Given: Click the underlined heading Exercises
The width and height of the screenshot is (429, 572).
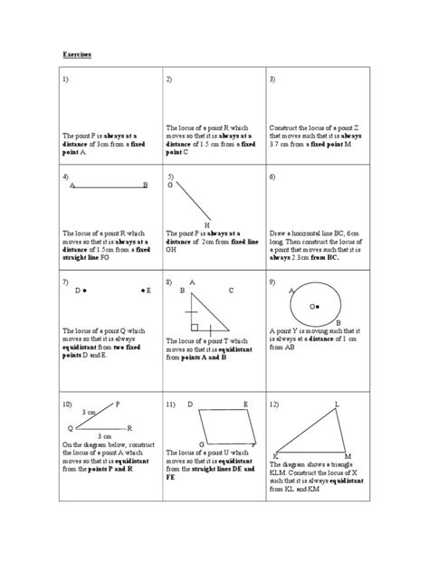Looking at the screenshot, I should click(76, 54).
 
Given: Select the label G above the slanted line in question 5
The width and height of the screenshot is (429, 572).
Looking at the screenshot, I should click(170, 185).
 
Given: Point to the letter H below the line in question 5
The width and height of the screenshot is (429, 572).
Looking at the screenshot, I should click(207, 224).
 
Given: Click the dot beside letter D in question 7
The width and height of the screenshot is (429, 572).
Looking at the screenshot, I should click(88, 291).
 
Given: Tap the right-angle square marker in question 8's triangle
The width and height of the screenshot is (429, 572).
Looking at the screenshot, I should click(195, 325).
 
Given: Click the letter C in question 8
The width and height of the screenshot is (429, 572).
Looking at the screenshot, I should click(231, 291).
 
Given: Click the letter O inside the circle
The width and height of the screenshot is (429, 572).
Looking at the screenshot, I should click(312, 307).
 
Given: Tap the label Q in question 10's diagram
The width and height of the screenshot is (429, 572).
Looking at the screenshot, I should click(70, 427).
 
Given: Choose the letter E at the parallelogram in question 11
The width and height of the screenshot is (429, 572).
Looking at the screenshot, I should click(245, 404).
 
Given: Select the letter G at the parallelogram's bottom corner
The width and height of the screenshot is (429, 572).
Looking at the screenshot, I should click(201, 444).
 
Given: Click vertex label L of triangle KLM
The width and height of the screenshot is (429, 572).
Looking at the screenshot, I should click(337, 404).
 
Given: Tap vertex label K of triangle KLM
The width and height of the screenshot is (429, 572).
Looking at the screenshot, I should click(275, 454).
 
